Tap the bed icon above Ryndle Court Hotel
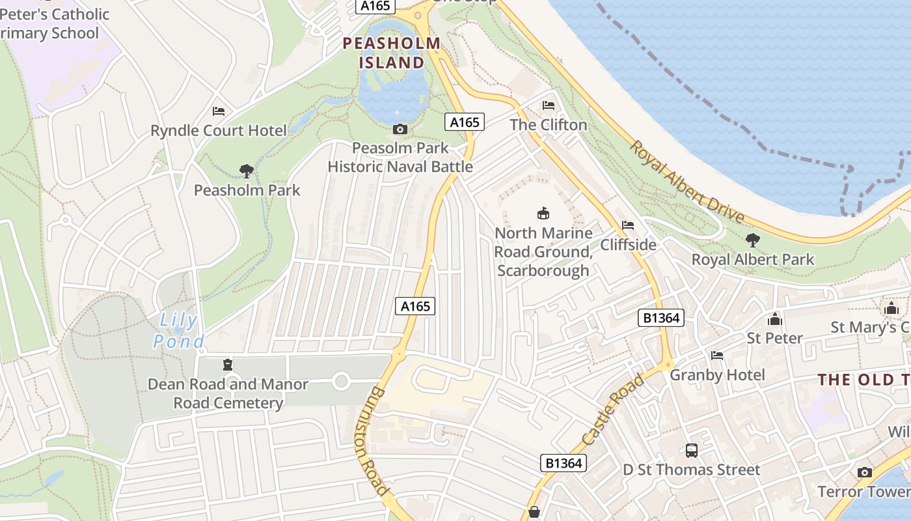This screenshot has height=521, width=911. [219, 111]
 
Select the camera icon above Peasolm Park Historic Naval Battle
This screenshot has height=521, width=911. [400, 129]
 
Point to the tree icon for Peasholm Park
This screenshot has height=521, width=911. [247, 171]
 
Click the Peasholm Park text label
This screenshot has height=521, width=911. [247, 190]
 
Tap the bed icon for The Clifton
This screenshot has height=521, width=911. [549, 106]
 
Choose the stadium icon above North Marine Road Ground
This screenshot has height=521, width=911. [543, 213]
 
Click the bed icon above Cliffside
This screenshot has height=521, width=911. [628, 225]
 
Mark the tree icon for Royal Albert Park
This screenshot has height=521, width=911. [753, 240]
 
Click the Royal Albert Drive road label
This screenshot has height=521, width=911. [687, 180]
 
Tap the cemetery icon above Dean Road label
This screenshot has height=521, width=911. [228, 364]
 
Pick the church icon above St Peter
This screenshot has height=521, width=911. [774, 319]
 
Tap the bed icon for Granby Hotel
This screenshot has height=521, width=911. [717, 356]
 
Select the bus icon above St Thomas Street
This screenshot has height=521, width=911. [691, 450]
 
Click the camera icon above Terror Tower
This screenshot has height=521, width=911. [865, 472]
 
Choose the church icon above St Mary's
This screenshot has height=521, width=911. [891, 308]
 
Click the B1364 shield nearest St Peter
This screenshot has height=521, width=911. [660, 318]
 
